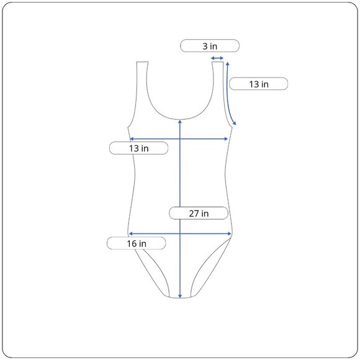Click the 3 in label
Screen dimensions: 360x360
(x=210, y=46)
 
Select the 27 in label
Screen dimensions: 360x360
(x=199, y=213)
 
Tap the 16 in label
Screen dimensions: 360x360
(x=137, y=243)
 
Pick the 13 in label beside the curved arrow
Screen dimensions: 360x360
(x=259, y=84)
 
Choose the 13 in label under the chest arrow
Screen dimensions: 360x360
(x=138, y=148)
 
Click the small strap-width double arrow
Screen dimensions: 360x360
(x=217, y=58)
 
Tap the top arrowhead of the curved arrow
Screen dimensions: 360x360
(x=228, y=63)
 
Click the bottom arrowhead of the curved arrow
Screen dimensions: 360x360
(x=234, y=123)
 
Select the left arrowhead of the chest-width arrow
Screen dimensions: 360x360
(x=132, y=138)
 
